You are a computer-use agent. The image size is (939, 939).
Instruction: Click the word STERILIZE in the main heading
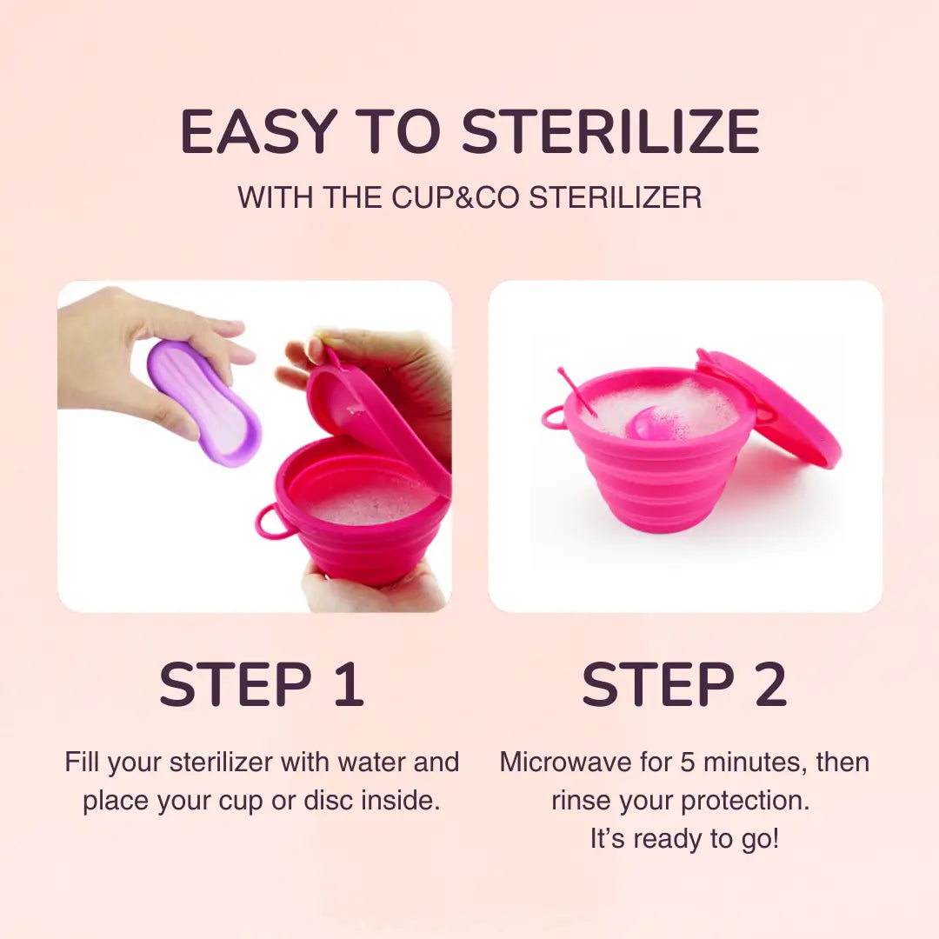[611, 132]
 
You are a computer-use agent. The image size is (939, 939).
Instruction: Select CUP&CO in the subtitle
[456, 197]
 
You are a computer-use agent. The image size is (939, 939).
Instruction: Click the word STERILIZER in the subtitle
[615, 197]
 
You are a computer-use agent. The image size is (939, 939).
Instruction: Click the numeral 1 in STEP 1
[350, 684]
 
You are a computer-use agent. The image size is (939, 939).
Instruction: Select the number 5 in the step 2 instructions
[688, 763]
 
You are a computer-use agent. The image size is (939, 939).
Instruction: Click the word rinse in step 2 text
[581, 802]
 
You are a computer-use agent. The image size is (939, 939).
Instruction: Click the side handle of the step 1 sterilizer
[269, 523]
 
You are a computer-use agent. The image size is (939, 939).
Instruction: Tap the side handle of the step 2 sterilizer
[553, 416]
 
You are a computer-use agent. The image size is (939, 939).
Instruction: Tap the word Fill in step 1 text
[82, 763]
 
